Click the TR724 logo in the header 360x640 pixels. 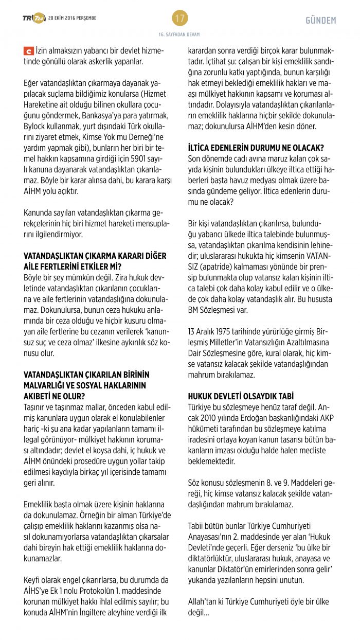[x=33, y=19]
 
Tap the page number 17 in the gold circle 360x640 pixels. [x=179, y=19]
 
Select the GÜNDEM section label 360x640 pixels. [x=320, y=21]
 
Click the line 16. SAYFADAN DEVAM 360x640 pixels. [x=179, y=34]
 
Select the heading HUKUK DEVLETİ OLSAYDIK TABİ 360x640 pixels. [x=241, y=396]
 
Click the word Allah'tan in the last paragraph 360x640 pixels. [x=203, y=601]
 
